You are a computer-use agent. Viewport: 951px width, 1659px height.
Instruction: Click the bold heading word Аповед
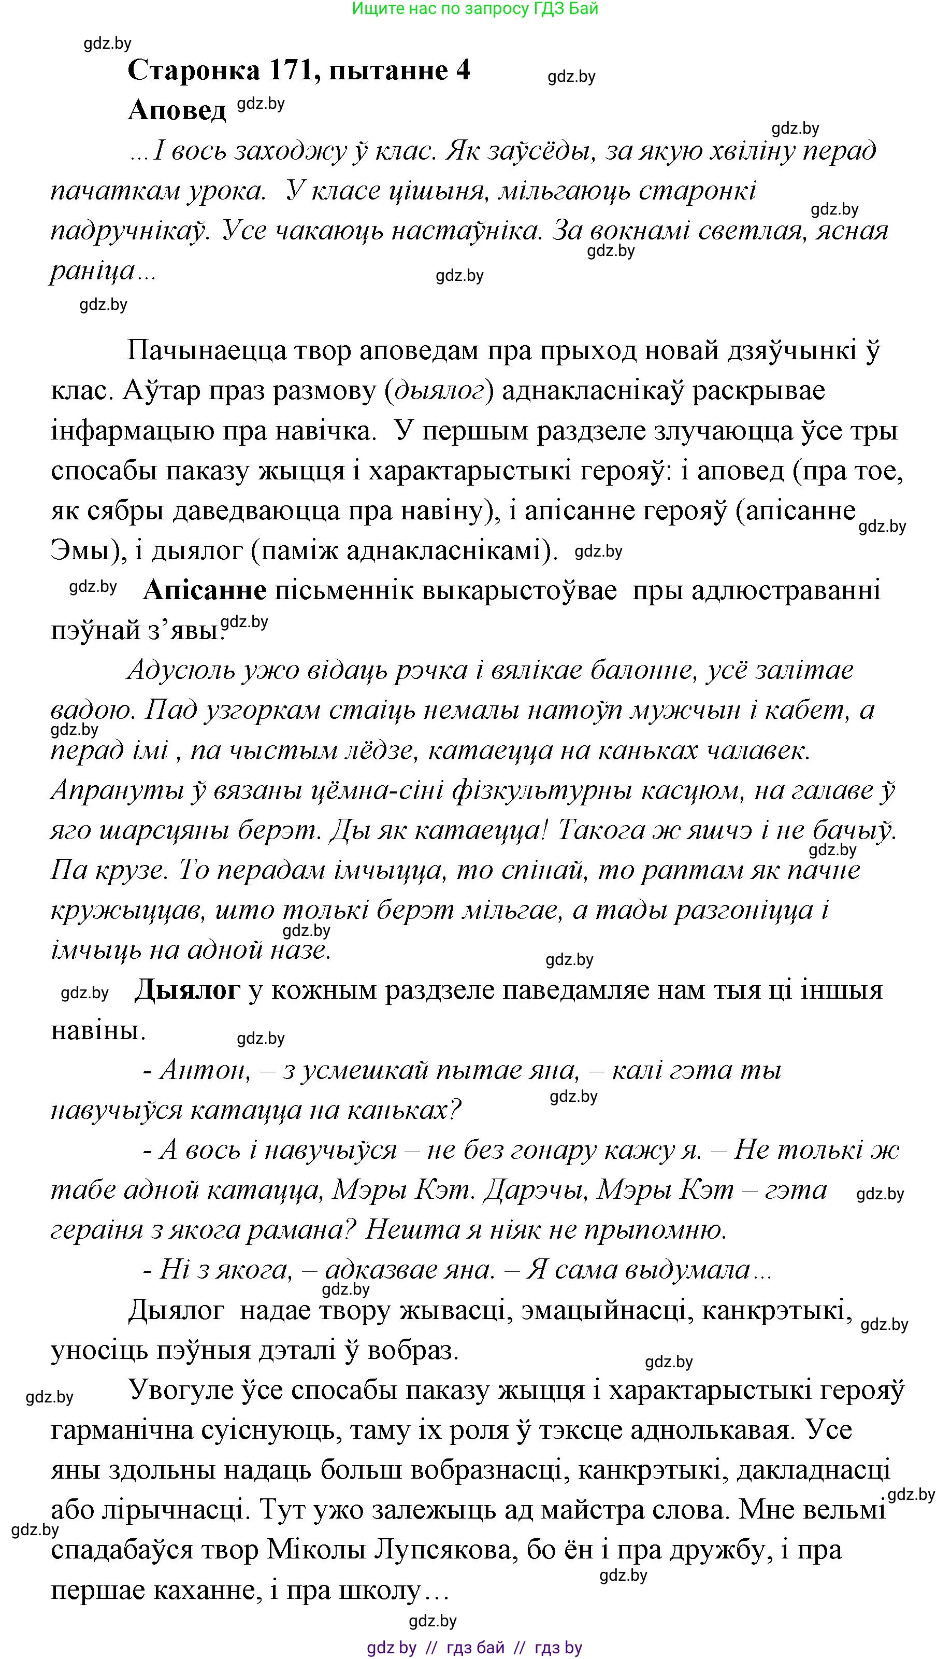(x=176, y=110)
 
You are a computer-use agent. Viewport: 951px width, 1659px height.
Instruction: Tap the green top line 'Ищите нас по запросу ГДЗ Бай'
(x=475, y=8)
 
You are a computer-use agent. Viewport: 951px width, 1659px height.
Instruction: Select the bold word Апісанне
(x=205, y=590)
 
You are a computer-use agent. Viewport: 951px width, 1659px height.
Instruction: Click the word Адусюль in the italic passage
(x=178, y=671)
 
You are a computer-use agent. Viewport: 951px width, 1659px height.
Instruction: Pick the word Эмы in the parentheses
(x=80, y=551)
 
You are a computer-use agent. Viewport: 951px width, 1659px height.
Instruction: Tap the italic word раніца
(x=92, y=271)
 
